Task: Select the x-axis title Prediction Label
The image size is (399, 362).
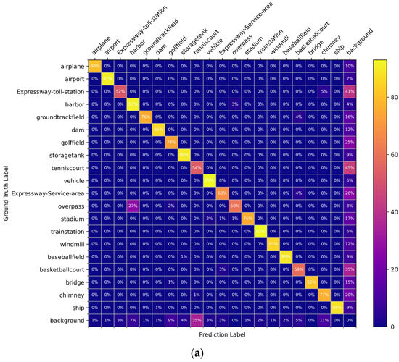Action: coord(223,335)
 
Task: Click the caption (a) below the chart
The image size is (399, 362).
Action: coord(199,353)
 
